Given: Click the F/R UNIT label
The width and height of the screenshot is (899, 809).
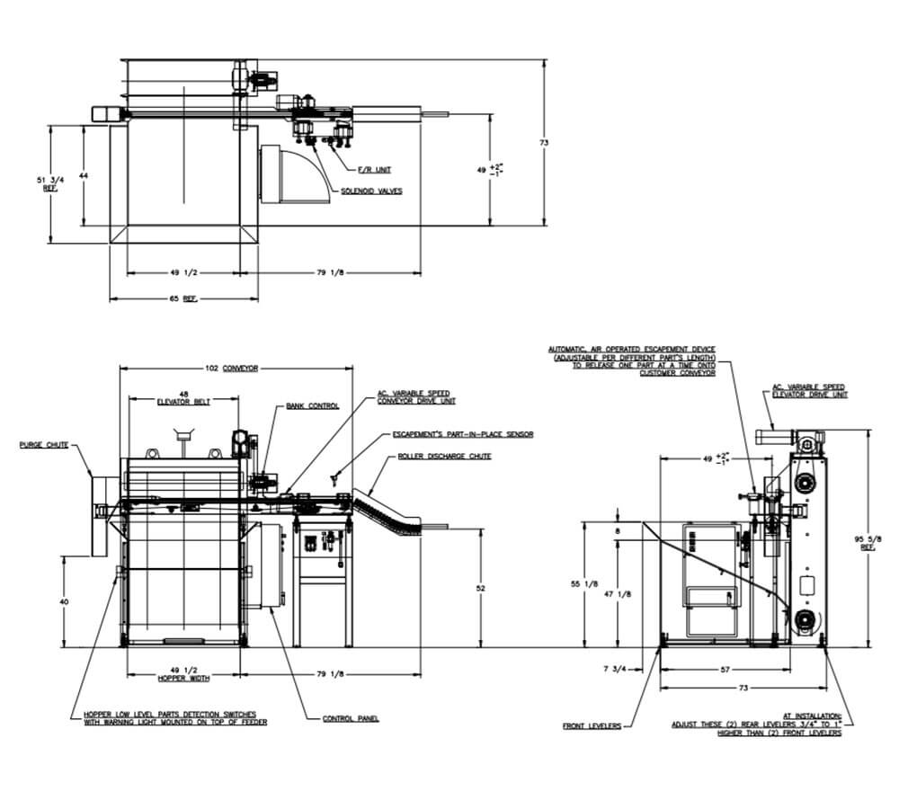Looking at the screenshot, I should tap(375, 169).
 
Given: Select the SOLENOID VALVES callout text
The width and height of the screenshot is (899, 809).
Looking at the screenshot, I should tap(371, 191).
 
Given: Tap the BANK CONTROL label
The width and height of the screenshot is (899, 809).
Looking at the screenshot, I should tap(312, 405).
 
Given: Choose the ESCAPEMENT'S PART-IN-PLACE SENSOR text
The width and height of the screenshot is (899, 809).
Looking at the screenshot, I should tap(463, 434).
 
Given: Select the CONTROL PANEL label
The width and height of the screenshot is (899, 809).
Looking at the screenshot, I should tap(351, 718).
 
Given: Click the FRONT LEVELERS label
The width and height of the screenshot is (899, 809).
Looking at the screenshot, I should tap(592, 726).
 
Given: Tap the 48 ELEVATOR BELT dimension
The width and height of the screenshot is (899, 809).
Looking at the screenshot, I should tap(183, 397).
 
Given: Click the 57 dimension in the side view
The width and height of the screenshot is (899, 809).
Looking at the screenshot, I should tap(725, 669).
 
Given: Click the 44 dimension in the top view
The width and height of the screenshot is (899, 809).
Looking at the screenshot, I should tap(83, 176).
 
